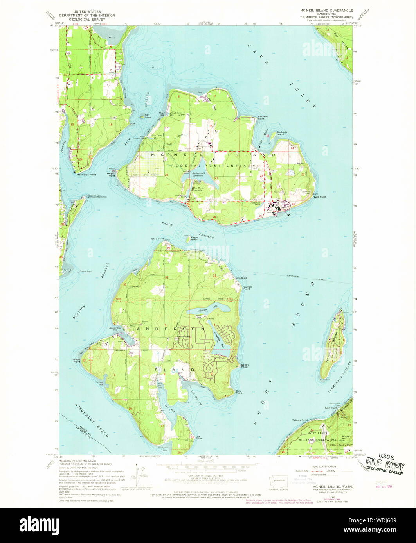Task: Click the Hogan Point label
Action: [112, 175]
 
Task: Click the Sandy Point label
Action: [245, 366]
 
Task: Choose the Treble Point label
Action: [76, 360]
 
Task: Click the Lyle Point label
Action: [199, 438]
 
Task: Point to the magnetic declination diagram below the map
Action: [138, 472]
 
